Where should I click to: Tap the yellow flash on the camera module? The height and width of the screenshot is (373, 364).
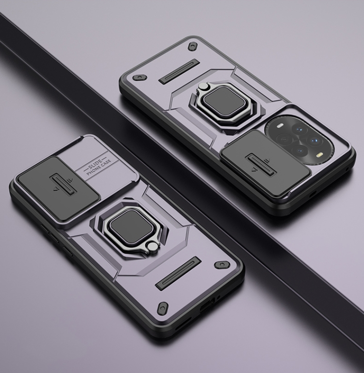click(x=319, y=156)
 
